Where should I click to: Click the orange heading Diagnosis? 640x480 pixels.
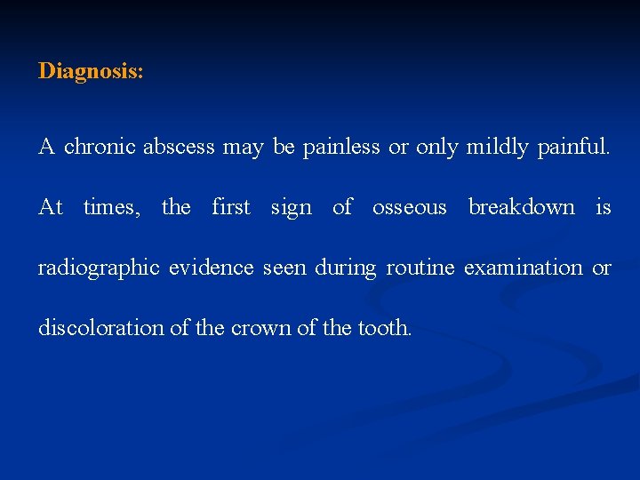91,71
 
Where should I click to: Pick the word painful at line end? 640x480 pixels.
573,148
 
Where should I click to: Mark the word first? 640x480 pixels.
231,208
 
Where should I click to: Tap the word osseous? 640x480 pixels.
409,208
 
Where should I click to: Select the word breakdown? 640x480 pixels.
522,208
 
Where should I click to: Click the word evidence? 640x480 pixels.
213,268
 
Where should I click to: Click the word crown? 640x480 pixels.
260,328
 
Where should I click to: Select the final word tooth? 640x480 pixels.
384,328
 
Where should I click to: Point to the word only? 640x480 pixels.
436,148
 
